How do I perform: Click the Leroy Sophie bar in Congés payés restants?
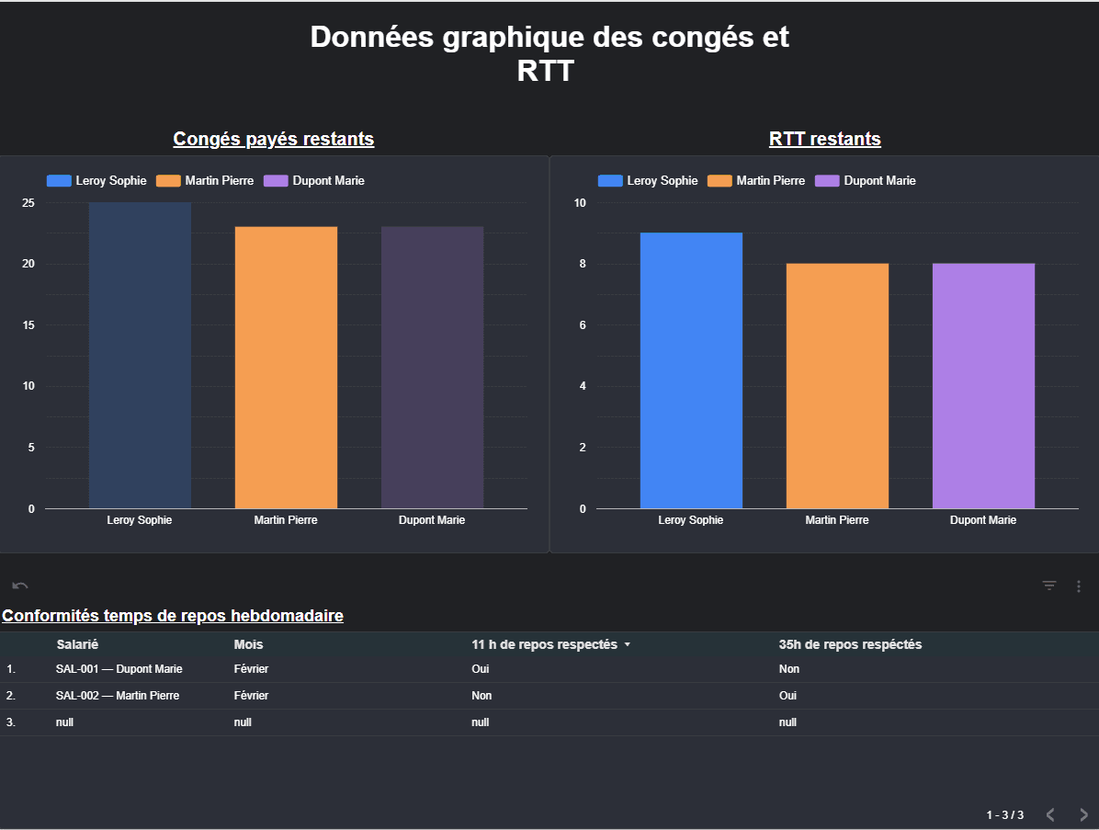(140, 355)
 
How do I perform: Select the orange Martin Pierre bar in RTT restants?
(837, 386)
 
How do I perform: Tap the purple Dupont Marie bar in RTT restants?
(983, 386)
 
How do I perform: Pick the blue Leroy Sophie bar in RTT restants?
(691, 370)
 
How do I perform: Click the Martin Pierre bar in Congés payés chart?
(286, 368)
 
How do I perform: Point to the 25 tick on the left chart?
(28, 203)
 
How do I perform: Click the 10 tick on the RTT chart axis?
(580, 203)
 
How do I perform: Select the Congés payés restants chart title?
(274, 139)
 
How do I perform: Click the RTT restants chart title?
(824, 139)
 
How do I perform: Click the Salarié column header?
(77, 644)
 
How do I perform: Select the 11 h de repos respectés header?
(544, 644)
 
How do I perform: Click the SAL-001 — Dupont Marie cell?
(119, 669)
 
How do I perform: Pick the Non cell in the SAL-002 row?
(482, 696)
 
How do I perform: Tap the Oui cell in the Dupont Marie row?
(480, 669)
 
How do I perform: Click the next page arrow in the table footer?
(1083, 814)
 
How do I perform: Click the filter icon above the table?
(1049, 586)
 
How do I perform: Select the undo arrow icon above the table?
(20, 586)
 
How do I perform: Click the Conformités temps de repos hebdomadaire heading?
(173, 616)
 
